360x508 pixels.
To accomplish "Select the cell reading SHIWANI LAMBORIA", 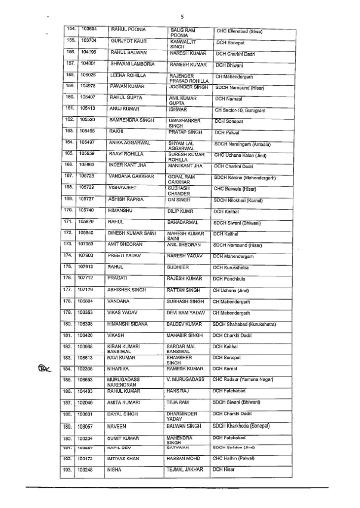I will [x=132, y=64].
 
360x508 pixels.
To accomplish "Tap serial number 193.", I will [x=70, y=470].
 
